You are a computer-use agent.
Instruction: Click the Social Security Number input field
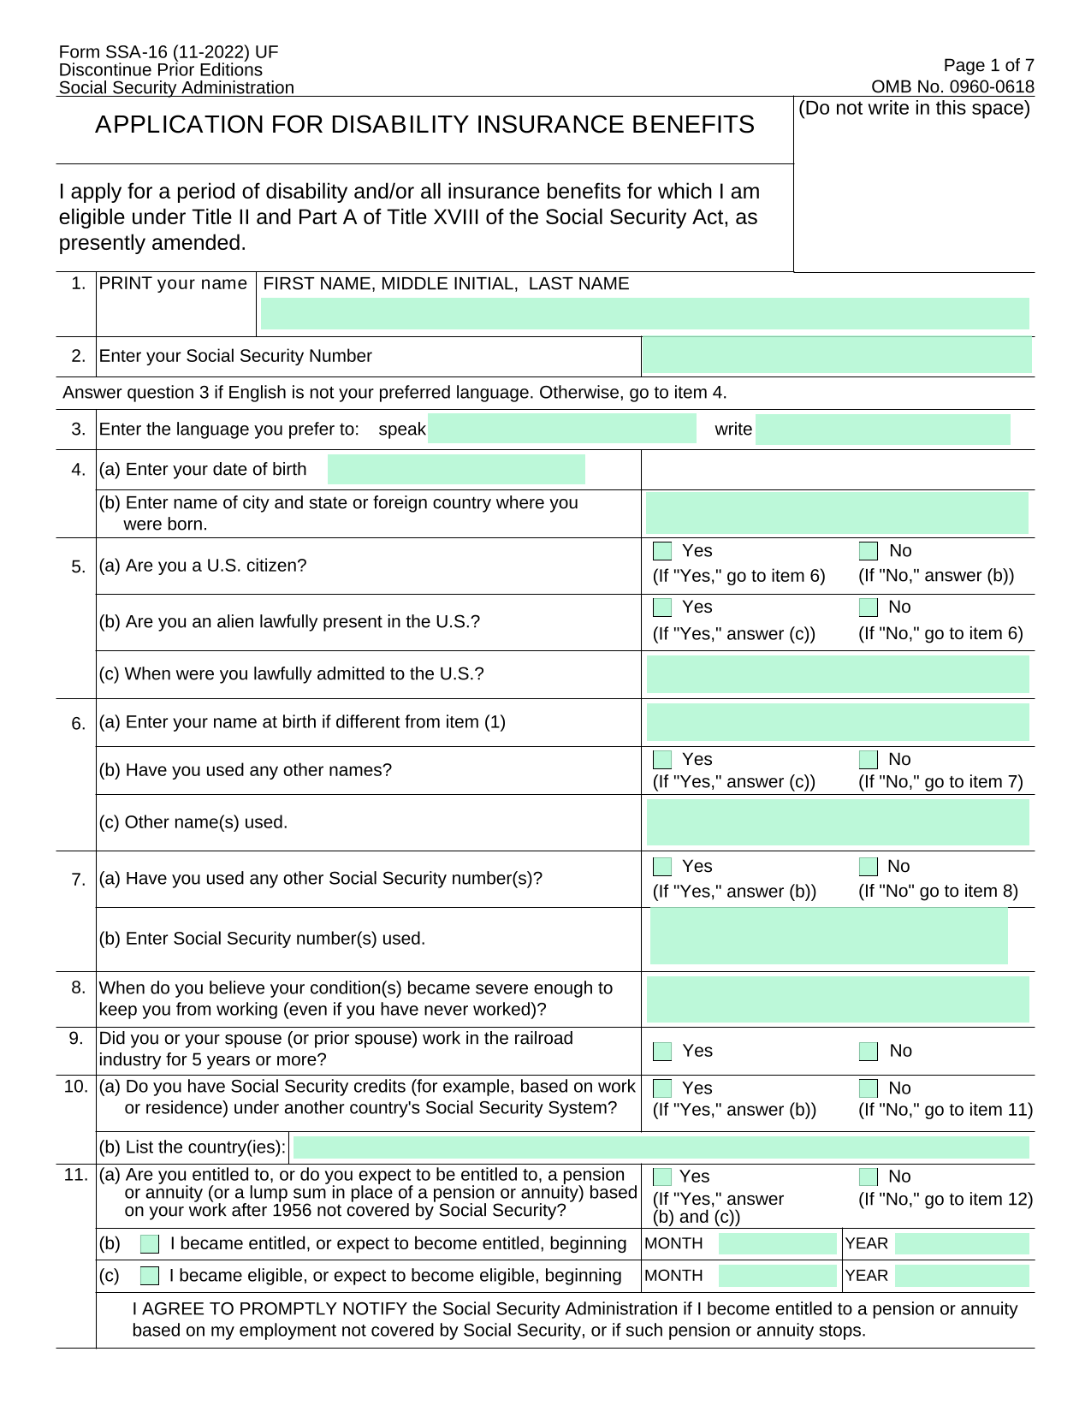click(x=836, y=355)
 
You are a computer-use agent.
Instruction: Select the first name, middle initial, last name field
click(x=644, y=314)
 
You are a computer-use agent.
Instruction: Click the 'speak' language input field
click(x=561, y=429)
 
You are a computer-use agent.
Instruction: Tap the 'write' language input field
click(x=882, y=429)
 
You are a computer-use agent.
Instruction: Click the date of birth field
click(x=456, y=470)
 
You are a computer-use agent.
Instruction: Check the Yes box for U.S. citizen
click(x=662, y=551)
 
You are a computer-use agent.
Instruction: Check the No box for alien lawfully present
click(x=869, y=608)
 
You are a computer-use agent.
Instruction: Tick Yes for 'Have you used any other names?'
click(x=662, y=760)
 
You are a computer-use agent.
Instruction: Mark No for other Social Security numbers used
click(x=869, y=867)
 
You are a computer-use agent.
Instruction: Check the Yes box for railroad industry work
click(x=662, y=1051)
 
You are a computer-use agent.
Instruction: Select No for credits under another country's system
click(x=869, y=1088)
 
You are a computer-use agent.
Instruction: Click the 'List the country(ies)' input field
click(x=661, y=1147)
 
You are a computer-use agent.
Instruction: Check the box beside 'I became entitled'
click(x=150, y=1244)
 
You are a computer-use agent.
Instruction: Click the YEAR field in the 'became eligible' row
click(x=962, y=1276)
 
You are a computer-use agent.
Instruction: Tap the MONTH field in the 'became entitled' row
click(x=777, y=1244)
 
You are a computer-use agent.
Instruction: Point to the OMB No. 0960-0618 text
click(x=952, y=86)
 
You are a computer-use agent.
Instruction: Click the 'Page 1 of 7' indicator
click(x=988, y=65)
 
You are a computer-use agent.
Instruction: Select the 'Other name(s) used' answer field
click(x=837, y=822)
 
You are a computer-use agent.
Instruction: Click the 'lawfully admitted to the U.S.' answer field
click(x=837, y=674)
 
